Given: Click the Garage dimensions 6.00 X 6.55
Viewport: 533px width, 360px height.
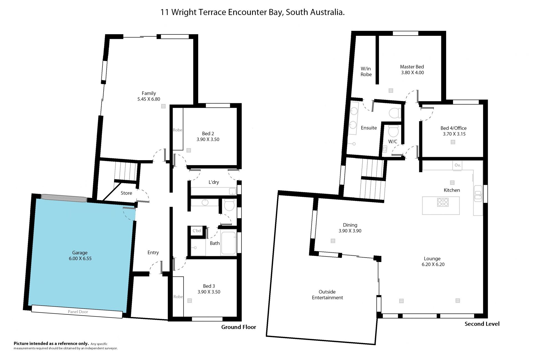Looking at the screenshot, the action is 80,258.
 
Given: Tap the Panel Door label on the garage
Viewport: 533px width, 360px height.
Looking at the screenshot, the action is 78,312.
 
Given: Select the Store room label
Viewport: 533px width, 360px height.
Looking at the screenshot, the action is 126,193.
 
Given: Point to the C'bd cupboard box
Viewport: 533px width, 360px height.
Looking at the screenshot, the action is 197,231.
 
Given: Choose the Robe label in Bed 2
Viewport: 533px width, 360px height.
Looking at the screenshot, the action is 178,130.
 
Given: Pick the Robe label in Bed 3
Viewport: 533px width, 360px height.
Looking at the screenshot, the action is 178,297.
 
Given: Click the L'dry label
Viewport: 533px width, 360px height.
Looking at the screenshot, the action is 214,182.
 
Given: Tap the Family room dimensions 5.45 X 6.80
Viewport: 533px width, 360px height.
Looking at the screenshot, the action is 149,99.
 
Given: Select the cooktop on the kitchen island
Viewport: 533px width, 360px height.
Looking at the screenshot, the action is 443,202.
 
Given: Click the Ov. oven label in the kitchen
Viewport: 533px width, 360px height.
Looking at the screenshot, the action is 458,165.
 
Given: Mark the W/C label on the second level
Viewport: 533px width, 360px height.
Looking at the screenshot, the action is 393,142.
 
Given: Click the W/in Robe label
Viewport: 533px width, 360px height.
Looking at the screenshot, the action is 366,72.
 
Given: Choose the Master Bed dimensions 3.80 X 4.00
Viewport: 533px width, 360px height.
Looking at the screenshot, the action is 413,73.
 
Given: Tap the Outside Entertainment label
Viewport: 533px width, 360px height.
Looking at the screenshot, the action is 327,295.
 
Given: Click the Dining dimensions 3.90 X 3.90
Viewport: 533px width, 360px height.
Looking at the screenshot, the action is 350,231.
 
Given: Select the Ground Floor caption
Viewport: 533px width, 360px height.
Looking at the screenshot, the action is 239,327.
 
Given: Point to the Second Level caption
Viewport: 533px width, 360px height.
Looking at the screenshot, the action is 482,324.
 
